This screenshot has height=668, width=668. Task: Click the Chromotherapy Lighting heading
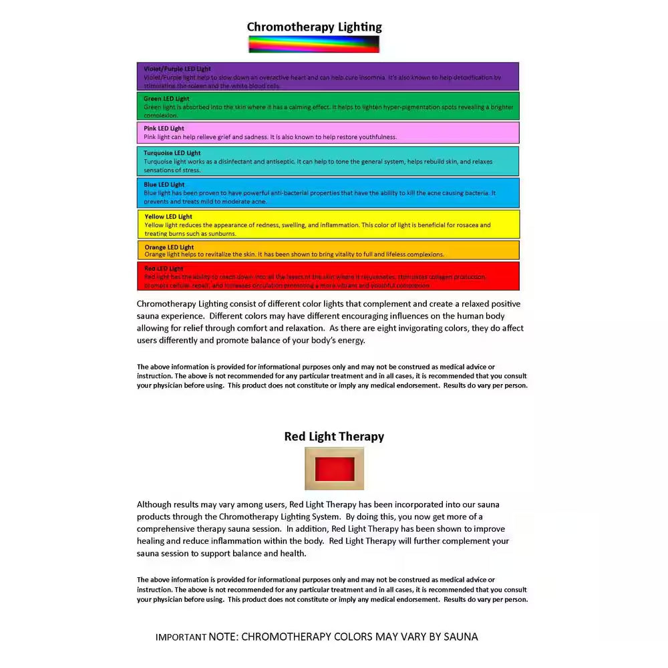point(314,27)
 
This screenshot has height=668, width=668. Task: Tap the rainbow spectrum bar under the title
point(314,44)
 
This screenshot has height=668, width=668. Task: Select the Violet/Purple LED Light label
point(177,69)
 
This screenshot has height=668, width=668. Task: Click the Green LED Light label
point(166,99)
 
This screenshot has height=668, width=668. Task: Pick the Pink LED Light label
point(164,128)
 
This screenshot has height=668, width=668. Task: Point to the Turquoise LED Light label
point(172,153)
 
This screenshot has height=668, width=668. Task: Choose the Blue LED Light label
point(164,184)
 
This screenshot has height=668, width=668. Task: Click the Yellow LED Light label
point(168,216)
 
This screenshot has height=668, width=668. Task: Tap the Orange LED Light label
point(169,247)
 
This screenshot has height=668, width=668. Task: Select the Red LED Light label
point(164,269)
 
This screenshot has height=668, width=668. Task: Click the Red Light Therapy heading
point(334,436)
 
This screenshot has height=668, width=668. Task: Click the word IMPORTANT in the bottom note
point(180,637)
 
